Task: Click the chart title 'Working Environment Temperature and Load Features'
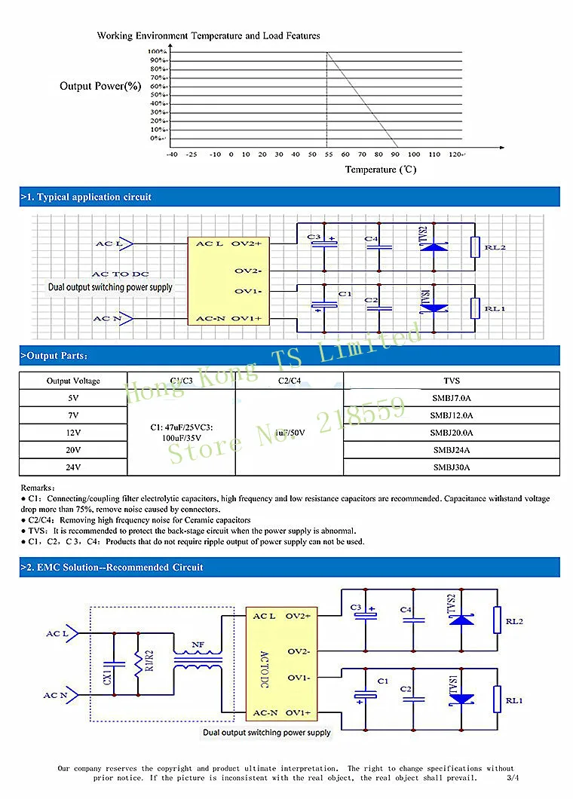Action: pos(208,35)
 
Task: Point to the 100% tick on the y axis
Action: pos(157,52)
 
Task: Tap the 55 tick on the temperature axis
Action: pos(328,154)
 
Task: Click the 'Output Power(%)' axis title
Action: pos(100,86)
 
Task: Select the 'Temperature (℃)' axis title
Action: pos(380,170)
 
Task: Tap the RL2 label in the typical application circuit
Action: pos(495,248)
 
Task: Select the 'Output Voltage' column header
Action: pos(73,381)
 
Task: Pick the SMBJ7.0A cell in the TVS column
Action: pos(452,398)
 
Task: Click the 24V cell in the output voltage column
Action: pos(73,467)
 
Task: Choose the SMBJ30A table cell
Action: pos(452,467)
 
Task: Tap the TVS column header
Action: pos(452,381)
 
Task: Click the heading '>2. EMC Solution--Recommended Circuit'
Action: pos(112,567)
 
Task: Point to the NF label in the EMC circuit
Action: pos(198,645)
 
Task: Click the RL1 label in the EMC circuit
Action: pos(514,701)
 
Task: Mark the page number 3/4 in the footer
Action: pos(513,777)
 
